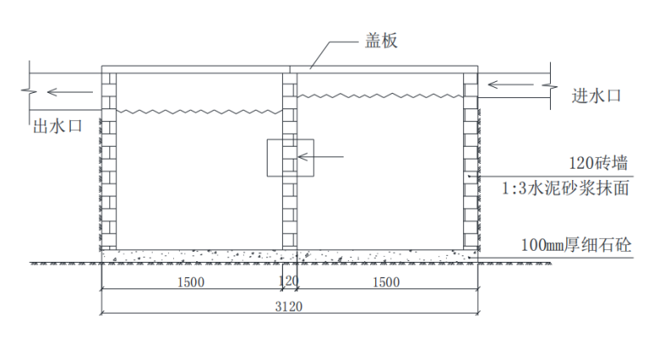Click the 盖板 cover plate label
click(381, 40)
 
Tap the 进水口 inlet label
click(596, 96)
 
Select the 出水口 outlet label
click(57, 126)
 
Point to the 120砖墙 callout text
click(599, 163)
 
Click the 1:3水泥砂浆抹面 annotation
click(565, 188)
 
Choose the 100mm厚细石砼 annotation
click(576, 245)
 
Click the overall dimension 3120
click(289, 306)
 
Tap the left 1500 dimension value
click(191, 282)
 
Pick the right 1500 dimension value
click(386, 282)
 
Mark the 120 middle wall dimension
click(288, 281)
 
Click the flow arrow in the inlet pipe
click(511, 84)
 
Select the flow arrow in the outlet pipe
click(70, 92)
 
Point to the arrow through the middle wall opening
click(321, 157)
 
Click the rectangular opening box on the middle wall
click(267, 158)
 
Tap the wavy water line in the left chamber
click(200, 112)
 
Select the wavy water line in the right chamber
click(380, 96)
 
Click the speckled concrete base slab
click(290, 256)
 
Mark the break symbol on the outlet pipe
click(29, 91)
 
